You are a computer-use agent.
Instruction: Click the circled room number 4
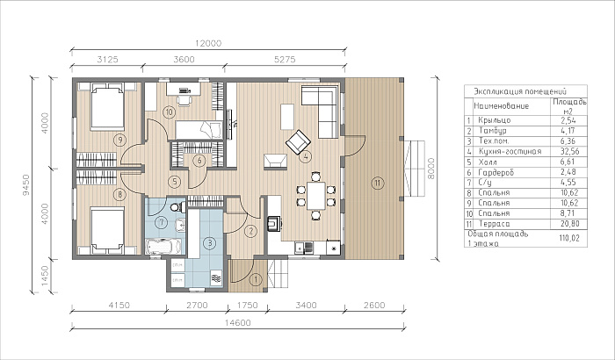pos(305,157)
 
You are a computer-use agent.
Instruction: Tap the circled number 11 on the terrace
pos(377,183)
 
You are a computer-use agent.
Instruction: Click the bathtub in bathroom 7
pos(163,247)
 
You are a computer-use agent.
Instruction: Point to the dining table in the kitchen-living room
pos(316,196)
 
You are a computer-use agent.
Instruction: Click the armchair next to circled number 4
pos(298,141)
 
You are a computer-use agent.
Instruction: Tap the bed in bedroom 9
pos(107,106)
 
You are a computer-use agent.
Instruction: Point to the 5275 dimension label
pos(285,60)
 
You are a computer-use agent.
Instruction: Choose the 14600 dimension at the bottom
pos(238,323)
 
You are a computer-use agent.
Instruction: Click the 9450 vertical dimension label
pos(25,184)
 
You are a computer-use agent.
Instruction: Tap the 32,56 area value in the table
pos(570,151)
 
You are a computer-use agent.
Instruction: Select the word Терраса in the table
pos(494,224)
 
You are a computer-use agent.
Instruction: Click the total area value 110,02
pos(569,238)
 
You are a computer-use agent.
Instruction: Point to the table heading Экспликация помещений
pos(520,92)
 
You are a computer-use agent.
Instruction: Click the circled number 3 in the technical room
pos(210,243)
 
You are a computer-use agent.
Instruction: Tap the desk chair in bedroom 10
pos(184,100)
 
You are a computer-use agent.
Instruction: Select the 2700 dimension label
pos(197,305)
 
